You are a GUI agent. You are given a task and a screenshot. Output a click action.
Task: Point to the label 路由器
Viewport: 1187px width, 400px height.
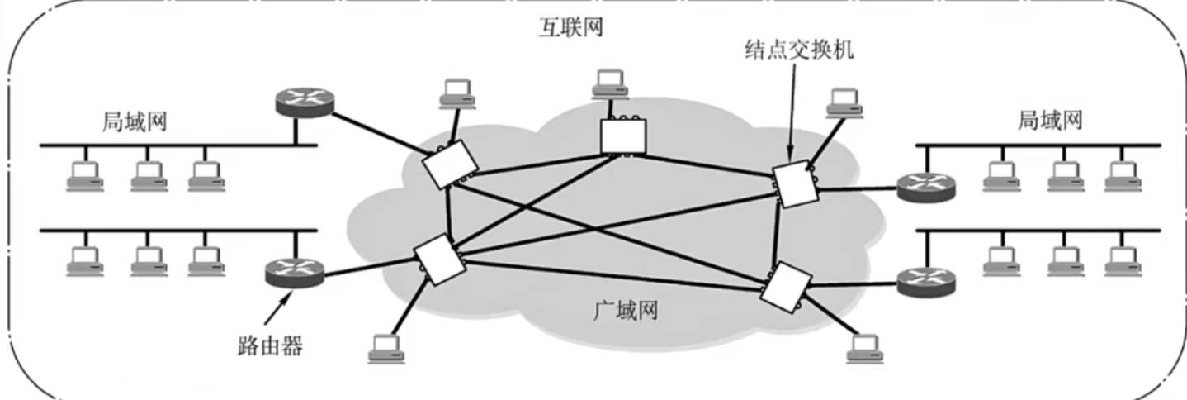(x=265, y=345)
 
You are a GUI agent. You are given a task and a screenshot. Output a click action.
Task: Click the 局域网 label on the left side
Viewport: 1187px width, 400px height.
(x=135, y=122)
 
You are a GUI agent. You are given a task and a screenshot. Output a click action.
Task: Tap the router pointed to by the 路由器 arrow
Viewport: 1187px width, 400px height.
(x=295, y=272)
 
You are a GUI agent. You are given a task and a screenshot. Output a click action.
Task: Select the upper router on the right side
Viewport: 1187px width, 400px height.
(x=926, y=186)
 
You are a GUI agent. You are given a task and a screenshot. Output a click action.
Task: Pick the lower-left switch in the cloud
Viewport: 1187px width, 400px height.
(x=435, y=258)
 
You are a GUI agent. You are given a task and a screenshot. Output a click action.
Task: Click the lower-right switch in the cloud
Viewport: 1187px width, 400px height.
(x=781, y=285)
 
